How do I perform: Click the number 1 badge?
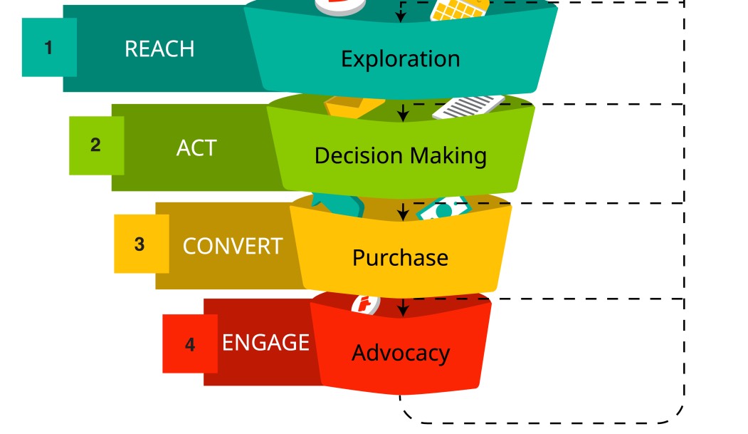(x=49, y=48)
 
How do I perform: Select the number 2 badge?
(x=96, y=145)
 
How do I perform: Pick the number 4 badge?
(x=189, y=344)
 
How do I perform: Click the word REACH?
(x=159, y=48)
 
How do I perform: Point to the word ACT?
(x=196, y=148)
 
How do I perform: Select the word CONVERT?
(x=233, y=246)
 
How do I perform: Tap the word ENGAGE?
(x=265, y=343)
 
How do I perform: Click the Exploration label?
(x=400, y=58)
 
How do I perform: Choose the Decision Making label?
(x=401, y=155)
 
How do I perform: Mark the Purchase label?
(x=400, y=257)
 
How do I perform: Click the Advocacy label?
(x=400, y=353)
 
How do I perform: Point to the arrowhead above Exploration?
(x=401, y=17)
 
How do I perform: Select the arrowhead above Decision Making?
(x=403, y=115)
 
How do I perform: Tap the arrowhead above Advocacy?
(x=403, y=310)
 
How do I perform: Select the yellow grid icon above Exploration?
(x=459, y=9)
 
